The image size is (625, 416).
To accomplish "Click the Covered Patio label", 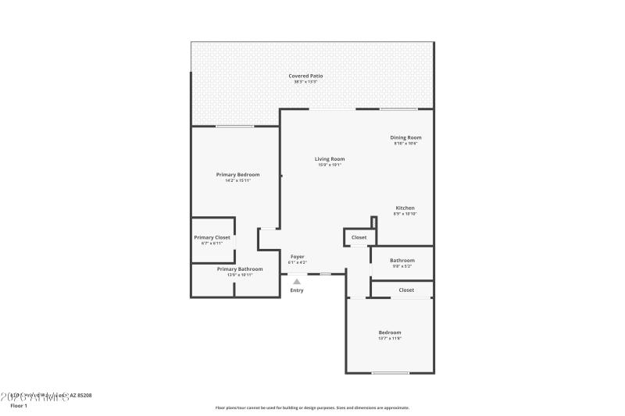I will [305, 76].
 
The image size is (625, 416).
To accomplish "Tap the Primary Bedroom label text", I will [237, 174].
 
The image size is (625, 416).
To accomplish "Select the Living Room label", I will [330, 158].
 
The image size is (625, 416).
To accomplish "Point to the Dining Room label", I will [405, 137].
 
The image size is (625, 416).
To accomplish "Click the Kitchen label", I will [405, 208].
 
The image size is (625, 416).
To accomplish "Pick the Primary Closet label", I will [212, 237].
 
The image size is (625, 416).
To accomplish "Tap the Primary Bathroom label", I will [240, 268].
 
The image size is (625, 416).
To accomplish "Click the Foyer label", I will [298, 256].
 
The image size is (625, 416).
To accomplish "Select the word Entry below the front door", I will [297, 290].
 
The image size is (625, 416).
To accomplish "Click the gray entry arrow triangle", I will [297, 282].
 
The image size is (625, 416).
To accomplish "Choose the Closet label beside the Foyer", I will [359, 237].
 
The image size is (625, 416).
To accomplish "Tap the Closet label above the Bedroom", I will [406, 290].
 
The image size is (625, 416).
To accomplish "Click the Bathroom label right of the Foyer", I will [402, 260].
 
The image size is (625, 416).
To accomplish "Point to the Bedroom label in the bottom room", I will [390, 332].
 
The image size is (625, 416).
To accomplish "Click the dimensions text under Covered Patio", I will [305, 82].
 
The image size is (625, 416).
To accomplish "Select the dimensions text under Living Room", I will [330, 165].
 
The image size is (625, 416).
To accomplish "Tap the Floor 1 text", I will [18, 406].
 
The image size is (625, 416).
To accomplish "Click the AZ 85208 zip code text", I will [80, 396].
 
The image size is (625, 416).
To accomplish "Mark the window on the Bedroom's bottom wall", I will [390, 373].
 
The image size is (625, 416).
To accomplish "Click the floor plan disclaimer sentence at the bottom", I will [312, 407].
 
